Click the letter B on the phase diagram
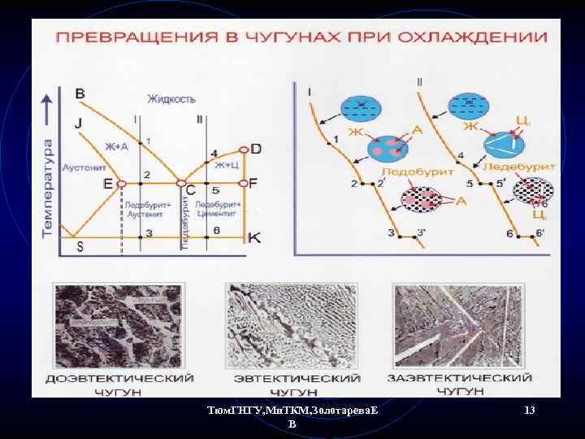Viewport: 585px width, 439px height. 80,93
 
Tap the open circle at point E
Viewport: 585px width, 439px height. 121,184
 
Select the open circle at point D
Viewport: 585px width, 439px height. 244,150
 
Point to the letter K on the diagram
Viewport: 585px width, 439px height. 254,238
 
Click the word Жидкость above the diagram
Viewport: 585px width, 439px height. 171,99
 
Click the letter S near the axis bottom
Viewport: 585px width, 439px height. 79,246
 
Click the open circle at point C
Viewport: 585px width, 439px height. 181,184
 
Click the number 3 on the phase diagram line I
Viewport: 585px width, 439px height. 148,234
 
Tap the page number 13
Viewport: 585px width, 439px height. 530,411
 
